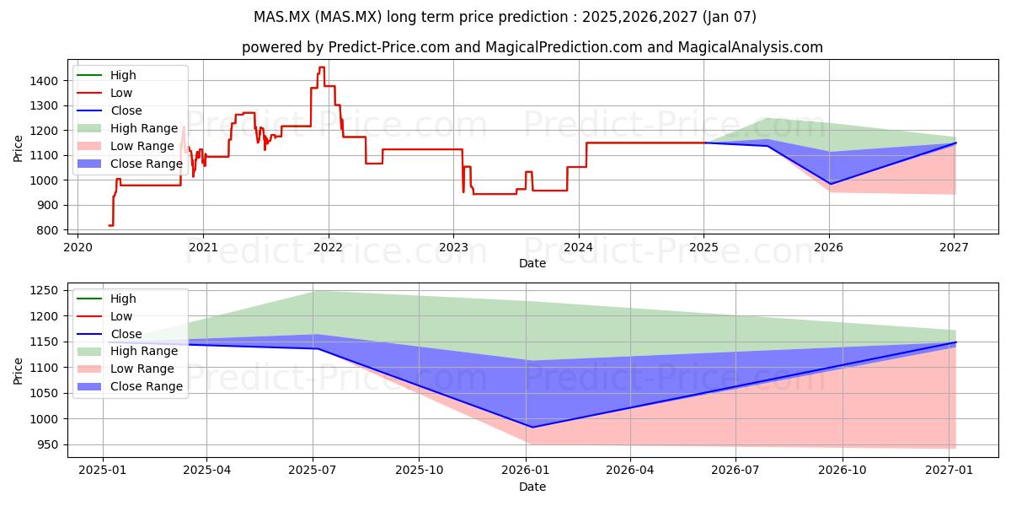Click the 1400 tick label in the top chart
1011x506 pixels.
[x=44, y=81]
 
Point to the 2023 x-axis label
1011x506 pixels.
[x=453, y=248]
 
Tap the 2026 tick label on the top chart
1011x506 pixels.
[x=829, y=248]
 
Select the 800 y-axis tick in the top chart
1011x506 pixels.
[x=47, y=230]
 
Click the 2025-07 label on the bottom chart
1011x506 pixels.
[x=313, y=471]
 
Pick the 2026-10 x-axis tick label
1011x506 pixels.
[x=842, y=471]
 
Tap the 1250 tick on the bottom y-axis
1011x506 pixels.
[x=44, y=290]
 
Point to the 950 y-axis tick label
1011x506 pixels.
[x=47, y=445]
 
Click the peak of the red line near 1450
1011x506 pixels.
[x=321, y=67]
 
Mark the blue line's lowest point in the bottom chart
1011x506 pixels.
[x=532, y=428]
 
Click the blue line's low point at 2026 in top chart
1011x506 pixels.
[x=830, y=184]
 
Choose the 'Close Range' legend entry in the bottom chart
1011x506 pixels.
[x=130, y=387]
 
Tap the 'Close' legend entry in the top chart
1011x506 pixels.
[x=110, y=110]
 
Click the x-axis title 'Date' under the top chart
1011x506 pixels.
[x=532, y=263]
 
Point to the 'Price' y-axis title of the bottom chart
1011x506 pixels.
[x=18, y=371]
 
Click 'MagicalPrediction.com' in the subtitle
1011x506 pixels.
[x=564, y=47]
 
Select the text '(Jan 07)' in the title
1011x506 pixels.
[x=730, y=17]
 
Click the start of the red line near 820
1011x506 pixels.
[x=109, y=225]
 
